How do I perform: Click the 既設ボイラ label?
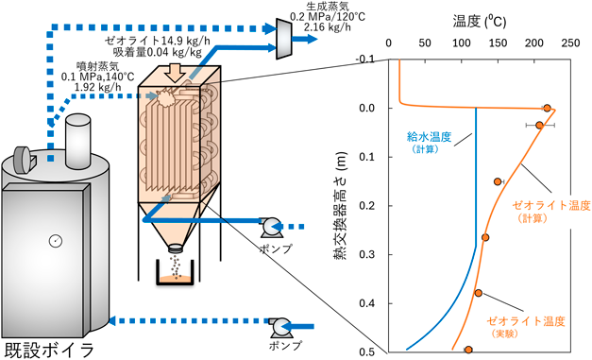click(x=49, y=351)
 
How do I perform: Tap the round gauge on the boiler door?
click(x=56, y=241)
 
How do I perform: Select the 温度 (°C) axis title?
click(x=480, y=22)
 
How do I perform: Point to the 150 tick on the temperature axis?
click(x=498, y=43)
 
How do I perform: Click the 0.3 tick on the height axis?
click(x=365, y=254)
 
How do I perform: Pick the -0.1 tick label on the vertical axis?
click(x=364, y=60)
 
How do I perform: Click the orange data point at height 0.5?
click(x=468, y=350)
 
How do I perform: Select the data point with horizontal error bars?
click(x=540, y=125)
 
